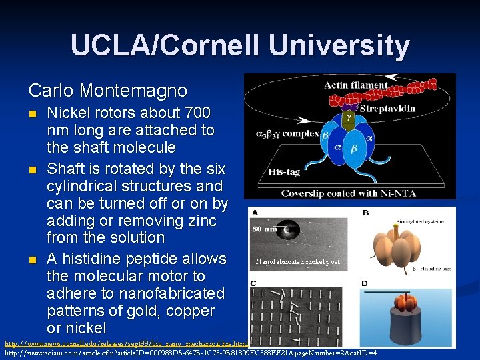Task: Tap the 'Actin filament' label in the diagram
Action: click(355, 85)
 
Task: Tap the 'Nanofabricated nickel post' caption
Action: click(297, 262)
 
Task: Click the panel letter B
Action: click(365, 213)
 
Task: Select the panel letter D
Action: click(365, 284)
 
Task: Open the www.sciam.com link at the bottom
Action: click(191, 352)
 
